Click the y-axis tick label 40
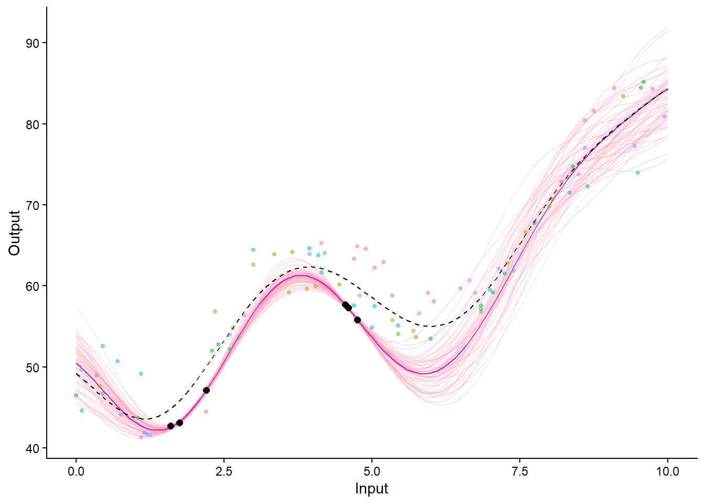(32, 448)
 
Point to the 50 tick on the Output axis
(32, 367)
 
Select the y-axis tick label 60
(32, 286)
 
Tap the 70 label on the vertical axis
(32, 205)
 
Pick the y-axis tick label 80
(32, 124)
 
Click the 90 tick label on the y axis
(32, 43)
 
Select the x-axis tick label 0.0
(76, 471)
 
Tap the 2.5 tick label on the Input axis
(224, 471)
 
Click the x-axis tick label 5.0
(372, 471)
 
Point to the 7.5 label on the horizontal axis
(520, 471)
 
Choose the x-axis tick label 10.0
(667, 471)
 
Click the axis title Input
(371, 489)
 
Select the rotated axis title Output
(14, 233)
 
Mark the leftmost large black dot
(170, 426)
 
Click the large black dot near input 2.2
(206, 390)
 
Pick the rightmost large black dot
(357, 320)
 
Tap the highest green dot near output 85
(644, 82)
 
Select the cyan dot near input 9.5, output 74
(638, 173)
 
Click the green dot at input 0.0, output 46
(76, 395)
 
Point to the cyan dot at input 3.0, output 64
(253, 250)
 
